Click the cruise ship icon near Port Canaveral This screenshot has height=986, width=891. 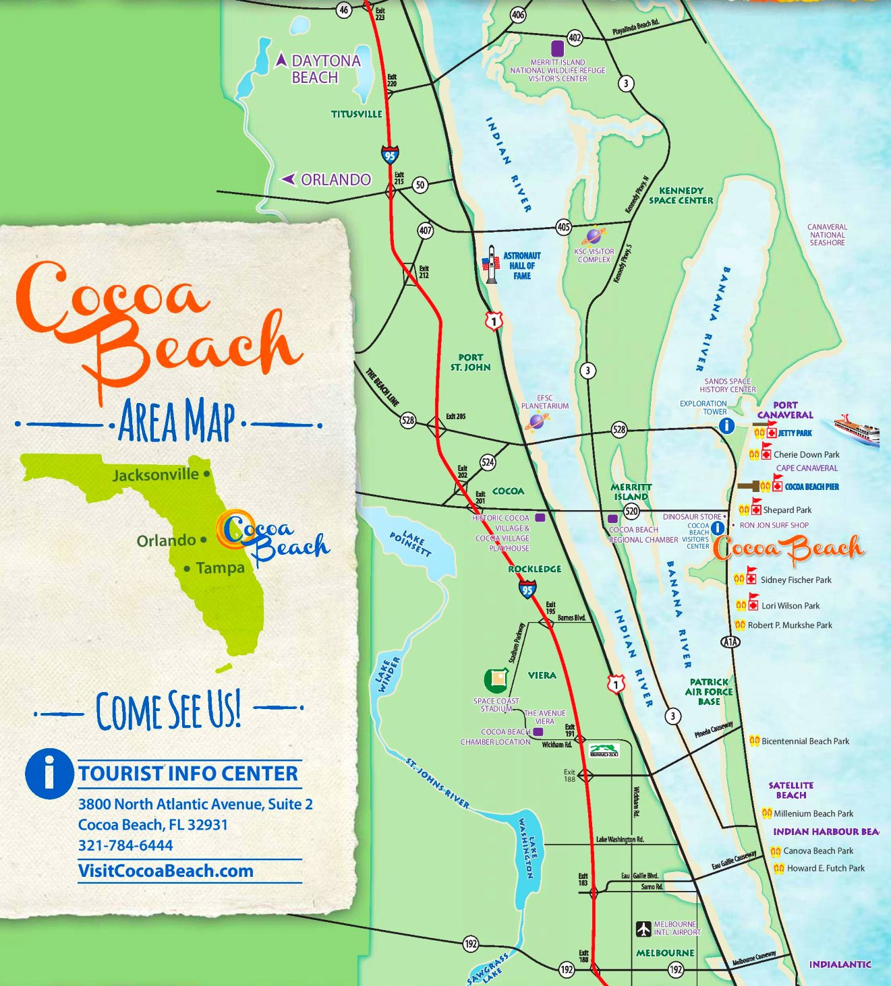857,429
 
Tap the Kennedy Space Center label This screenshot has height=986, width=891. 681,195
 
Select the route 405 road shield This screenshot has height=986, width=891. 563,227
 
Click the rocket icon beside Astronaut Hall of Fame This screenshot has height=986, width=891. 492,264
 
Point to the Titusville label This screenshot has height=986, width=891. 356,114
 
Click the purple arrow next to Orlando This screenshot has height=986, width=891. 288,179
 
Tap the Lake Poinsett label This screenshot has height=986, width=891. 410,543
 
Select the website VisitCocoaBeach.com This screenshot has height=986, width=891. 165,871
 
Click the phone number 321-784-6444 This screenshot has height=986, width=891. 125,845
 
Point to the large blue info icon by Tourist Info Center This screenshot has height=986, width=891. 49,774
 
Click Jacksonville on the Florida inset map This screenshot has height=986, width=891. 156,475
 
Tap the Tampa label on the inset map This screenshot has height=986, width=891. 220,568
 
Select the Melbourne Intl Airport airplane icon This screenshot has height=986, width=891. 643,929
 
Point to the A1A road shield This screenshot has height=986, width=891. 730,642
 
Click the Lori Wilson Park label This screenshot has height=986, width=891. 791,606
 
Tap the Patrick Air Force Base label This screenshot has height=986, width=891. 709,691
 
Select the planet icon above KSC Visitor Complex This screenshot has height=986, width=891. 594,237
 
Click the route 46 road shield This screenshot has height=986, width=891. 344,9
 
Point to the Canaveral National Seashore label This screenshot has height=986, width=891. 827,235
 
